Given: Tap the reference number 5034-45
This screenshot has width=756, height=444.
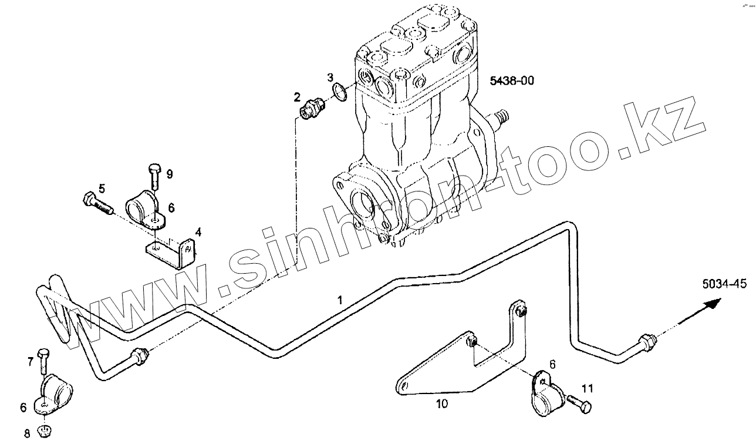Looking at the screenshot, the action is click(724, 284).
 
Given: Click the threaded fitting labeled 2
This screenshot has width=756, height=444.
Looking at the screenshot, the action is click(312, 109).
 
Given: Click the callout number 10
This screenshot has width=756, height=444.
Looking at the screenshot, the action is click(441, 404).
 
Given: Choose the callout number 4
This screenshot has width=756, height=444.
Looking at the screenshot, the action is click(198, 233).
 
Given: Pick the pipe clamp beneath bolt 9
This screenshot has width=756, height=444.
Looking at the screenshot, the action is click(146, 208).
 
